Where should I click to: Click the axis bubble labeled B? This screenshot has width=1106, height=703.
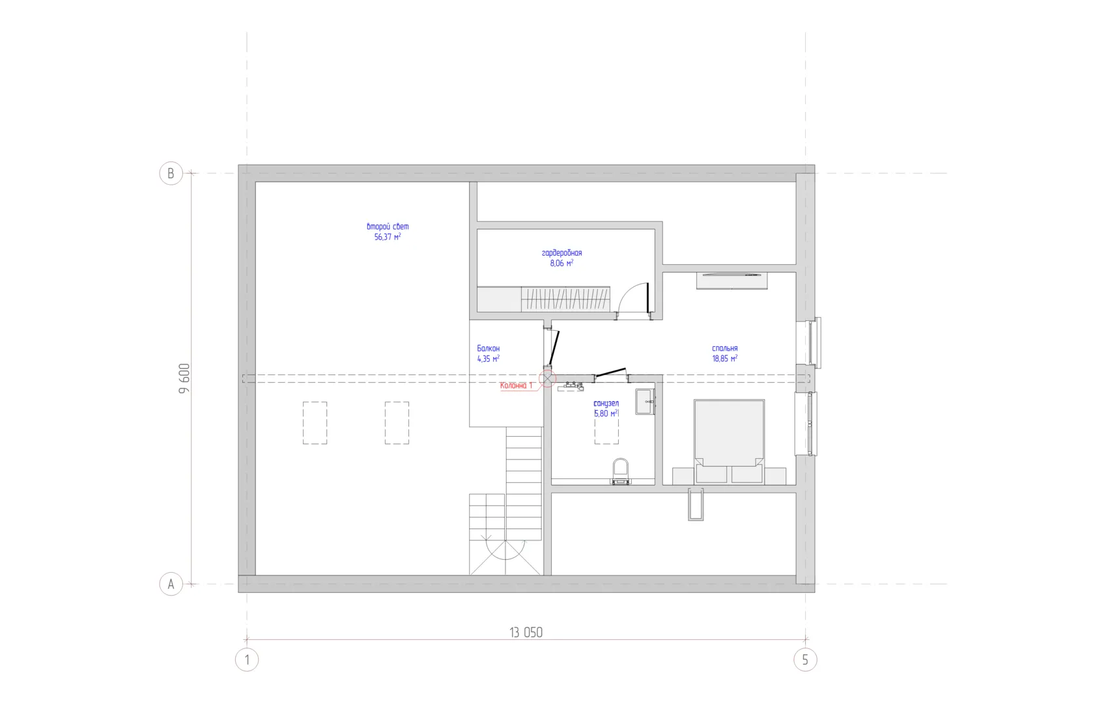coord(171,173)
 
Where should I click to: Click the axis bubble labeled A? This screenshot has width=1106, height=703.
coord(171,584)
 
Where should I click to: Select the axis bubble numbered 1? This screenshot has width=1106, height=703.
coord(247,660)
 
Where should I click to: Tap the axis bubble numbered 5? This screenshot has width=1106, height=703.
coord(805,660)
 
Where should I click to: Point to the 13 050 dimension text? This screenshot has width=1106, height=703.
coord(526,633)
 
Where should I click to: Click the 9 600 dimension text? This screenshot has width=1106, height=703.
coord(184,378)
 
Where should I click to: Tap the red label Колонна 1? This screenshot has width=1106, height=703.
coord(516,385)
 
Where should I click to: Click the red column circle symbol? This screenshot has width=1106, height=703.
coord(547,378)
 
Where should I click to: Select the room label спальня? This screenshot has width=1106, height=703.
coord(725,348)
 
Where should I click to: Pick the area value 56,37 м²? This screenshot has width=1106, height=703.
coord(388,237)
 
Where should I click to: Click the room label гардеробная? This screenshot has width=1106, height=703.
coord(562,253)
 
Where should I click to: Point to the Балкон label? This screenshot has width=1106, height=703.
coord(489,348)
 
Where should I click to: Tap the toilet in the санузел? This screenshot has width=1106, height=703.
coord(621,472)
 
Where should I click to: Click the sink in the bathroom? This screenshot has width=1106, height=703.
coord(645,402)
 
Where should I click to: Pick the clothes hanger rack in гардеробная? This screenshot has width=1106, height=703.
coord(565,299)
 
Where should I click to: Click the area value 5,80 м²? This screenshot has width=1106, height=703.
coord(606,413)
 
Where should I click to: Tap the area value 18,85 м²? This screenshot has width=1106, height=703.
coord(725,359)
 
